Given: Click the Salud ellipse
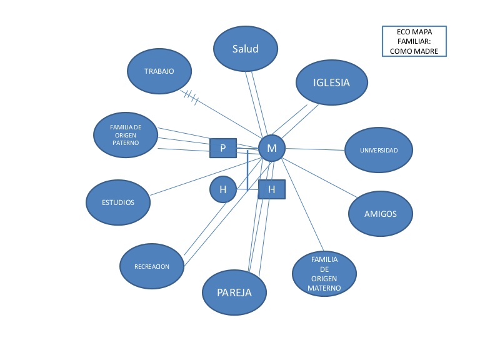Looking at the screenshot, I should click(x=245, y=49).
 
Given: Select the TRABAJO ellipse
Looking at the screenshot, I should click(x=159, y=71).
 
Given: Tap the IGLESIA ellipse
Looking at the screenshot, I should click(x=331, y=82).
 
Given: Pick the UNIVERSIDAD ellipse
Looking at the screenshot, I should click(x=378, y=151).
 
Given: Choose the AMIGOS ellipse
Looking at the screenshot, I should click(x=380, y=214).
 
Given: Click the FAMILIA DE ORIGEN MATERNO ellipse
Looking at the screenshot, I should click(x=324, y=274).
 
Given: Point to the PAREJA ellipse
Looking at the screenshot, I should click(x=234, y=292).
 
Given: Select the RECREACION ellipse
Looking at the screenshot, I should click(x=152, y=266).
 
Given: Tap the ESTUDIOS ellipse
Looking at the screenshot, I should click(x=118, y=202).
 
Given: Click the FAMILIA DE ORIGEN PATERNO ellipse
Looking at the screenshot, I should click(x=125, y=135).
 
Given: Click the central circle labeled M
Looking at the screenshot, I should click(x=272, y=148).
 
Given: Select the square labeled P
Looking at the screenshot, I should click(x=223, y=149).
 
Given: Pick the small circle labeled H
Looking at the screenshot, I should click(x=222, y=189).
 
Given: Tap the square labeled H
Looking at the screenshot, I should click(x=271, y=189).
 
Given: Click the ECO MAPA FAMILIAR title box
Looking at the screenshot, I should click(x=414, y=41).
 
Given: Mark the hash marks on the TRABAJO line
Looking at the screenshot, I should click(x=191, y=97).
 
